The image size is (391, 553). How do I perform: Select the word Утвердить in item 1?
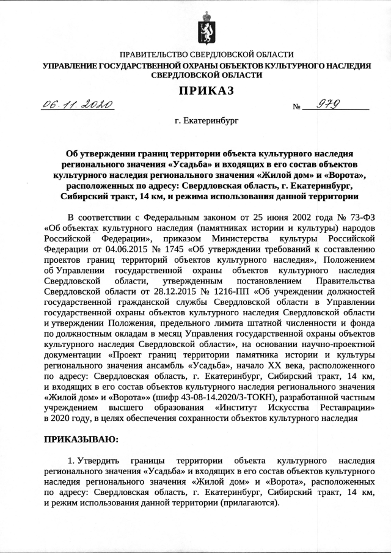tap(95, 459)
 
